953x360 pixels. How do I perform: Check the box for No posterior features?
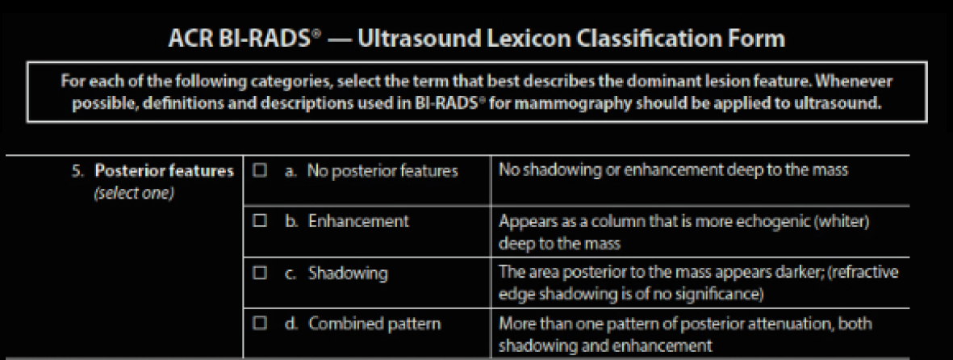pos(261,171)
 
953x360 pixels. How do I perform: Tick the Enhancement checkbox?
pos(261,221)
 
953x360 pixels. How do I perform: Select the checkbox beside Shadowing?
pos(261,273)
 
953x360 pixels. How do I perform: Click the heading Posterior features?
pos(164,171)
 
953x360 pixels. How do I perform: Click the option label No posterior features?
pos(382,171)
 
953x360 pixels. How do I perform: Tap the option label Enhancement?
pos(358,221)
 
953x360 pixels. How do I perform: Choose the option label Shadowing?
pos(348,273)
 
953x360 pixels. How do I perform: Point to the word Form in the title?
pos(759,40)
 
